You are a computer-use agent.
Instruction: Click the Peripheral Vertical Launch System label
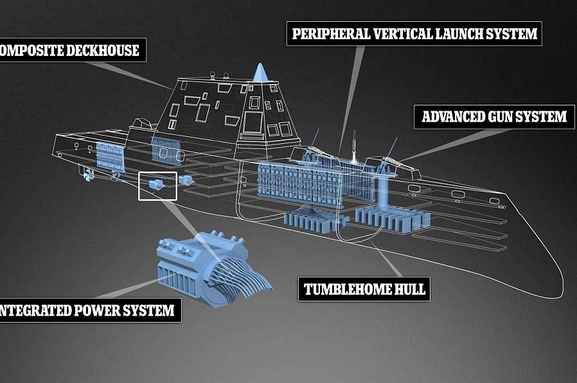coord(414,33)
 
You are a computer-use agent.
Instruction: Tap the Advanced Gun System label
coord(494,117)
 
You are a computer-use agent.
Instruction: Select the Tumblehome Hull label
coord(364,289)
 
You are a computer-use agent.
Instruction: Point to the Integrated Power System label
coord(88,311)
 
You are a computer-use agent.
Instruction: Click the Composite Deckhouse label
coord(71,50)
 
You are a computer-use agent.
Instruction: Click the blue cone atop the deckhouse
coord(261,72)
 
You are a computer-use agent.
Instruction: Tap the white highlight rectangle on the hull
coord(157,186)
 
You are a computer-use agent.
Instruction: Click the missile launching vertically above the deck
coord(356,145)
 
